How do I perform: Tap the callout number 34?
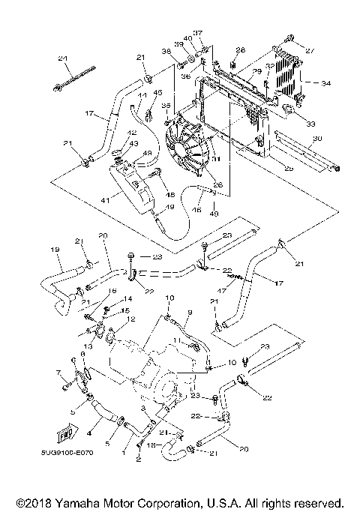pyautogui.click(x=325, y=83)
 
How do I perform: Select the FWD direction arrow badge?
pyautogui.click(x=65, y=433)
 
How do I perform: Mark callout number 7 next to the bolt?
pyautogui.click(x=57, y=373)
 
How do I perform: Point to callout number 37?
pyautogui.click(x=198, y=33)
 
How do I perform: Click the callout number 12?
pyautogui.click(x=132, y=319)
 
